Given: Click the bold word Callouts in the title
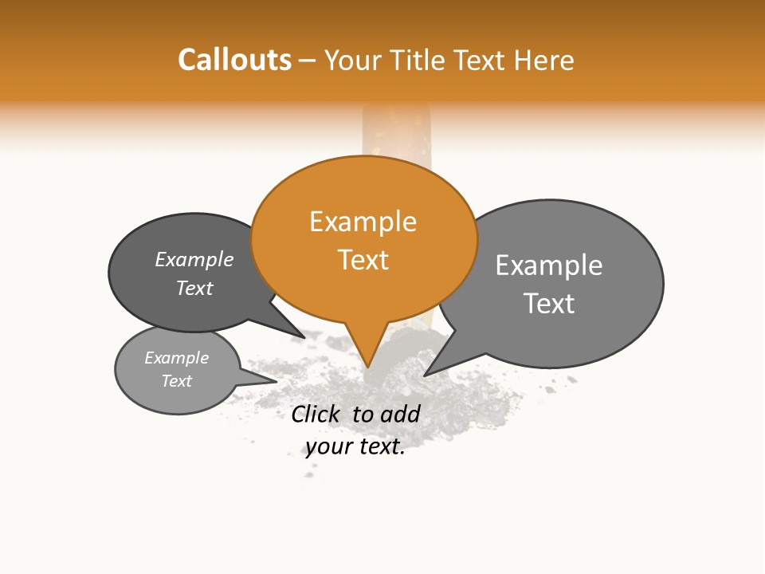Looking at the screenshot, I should (234, 60).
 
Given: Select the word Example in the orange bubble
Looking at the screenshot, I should (363, 222).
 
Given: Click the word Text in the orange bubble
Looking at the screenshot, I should (363, 260).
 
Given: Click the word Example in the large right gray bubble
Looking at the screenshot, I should (549, 265).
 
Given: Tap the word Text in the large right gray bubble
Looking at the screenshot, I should (549, 304).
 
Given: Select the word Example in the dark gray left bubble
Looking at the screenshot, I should (194, 260).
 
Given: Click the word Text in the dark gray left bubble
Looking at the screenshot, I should (194, 289).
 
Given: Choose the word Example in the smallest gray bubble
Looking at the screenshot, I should (176, 358).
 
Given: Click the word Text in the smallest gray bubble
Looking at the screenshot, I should (176, 381).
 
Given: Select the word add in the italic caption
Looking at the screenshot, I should (400, 414).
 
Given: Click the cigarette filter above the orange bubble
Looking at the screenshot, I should (396, 131).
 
